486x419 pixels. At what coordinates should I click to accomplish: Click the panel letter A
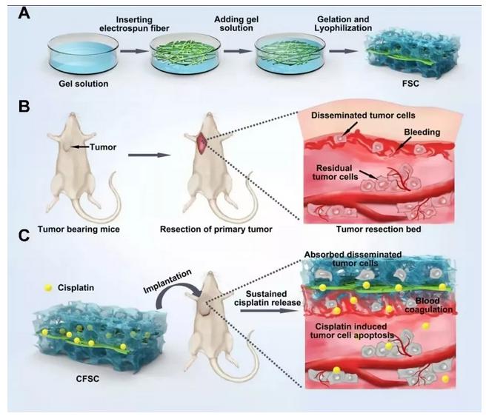24,13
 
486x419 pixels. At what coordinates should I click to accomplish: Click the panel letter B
24,106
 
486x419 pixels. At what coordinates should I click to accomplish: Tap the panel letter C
24,235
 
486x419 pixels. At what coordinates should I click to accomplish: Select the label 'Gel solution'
84,84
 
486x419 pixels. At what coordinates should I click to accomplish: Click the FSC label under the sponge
410,84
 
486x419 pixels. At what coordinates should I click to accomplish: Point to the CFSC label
87,378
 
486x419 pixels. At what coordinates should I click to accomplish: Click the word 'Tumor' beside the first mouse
103,147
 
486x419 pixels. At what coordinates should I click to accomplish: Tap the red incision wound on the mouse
202,143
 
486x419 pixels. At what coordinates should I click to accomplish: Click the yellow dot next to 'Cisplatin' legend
48,288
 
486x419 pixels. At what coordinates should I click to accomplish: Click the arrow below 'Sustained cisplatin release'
267,310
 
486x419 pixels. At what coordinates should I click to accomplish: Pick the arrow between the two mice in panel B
149,155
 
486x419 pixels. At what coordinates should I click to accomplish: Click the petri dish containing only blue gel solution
83,55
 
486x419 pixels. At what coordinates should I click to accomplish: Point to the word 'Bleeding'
422,133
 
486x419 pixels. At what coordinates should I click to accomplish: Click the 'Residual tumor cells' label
336,172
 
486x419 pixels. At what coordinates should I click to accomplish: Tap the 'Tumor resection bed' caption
379,229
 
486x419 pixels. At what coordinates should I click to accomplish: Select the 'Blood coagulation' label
429,305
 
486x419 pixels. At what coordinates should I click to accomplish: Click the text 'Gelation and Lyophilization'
343,24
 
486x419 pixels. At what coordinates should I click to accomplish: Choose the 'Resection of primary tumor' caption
216,229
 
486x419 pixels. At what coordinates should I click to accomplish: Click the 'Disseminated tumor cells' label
363,115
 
